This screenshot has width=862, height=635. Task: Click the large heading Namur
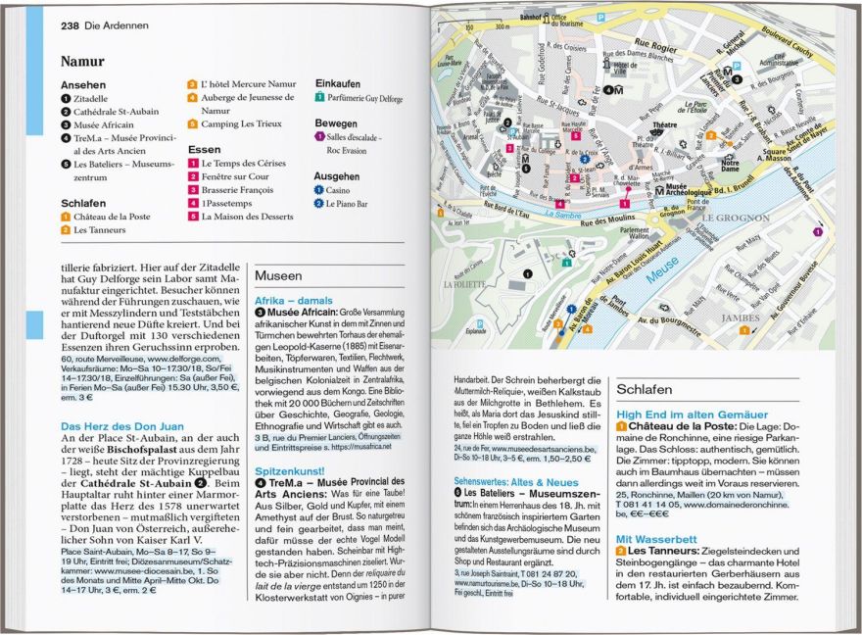pyautogui.click(x=82, y=61)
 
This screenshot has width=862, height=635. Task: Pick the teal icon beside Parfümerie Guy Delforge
pyautogui.click(x=320, y=98)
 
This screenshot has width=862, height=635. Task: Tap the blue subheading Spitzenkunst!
pyautogui.click(x=290, y=469)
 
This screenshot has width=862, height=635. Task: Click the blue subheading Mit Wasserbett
pyautogui.click(x=655, y=538)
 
